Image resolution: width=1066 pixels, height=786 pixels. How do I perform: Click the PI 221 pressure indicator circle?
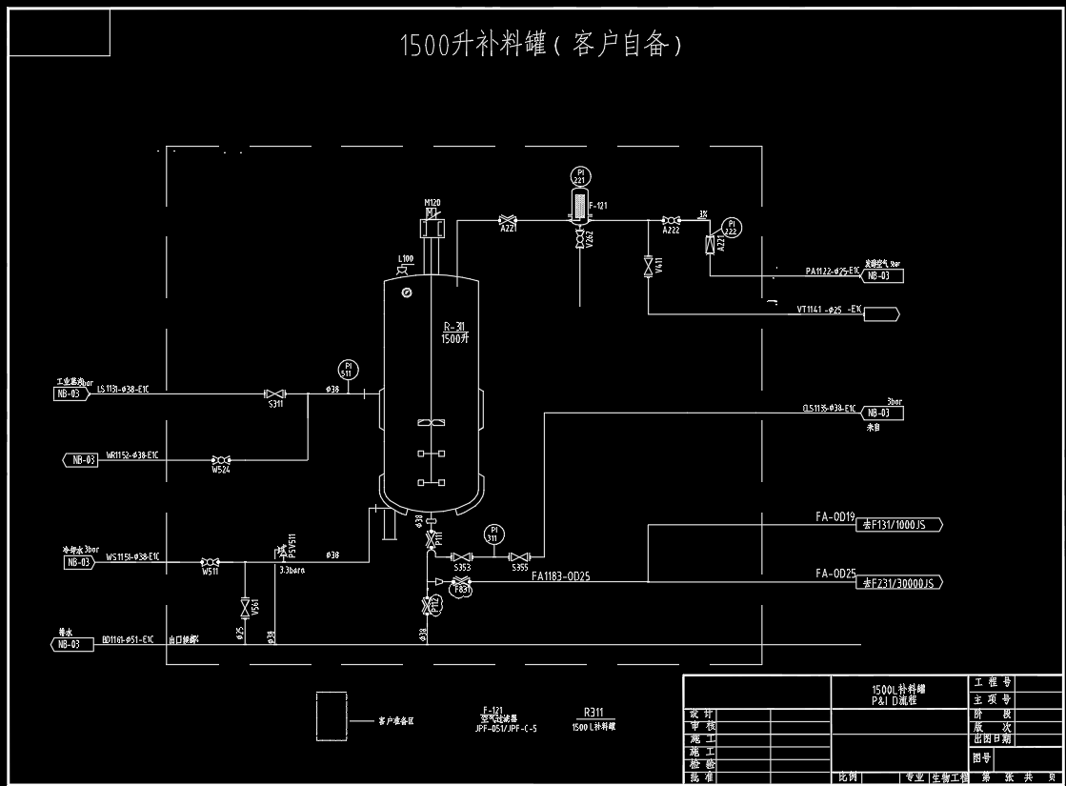[579, 175]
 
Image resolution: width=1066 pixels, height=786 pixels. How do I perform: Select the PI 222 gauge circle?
[732, 227]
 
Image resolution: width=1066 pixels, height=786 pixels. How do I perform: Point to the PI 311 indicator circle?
[493, 534]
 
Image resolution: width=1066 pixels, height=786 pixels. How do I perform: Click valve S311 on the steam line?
[274, 393]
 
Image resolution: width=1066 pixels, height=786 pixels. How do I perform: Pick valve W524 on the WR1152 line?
[221, 459]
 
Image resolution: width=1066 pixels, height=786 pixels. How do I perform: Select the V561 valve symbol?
[245, 607]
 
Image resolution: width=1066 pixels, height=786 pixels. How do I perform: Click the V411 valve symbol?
[648, 262]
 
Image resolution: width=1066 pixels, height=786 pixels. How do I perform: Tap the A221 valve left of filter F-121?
[508, 220]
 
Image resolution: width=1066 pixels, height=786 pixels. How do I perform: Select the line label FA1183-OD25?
[560, 575]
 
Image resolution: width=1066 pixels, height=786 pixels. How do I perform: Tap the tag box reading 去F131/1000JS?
[901, 524]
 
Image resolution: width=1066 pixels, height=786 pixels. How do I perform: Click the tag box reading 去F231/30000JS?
[901, 582]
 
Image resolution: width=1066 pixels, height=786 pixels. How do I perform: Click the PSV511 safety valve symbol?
[281, 553]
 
